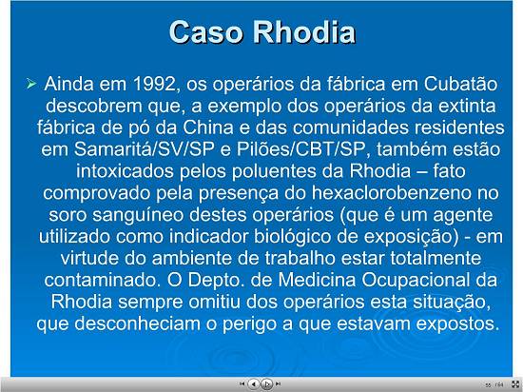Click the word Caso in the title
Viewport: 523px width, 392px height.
pyautogui.click(x=205, y=31)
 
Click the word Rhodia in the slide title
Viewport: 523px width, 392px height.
pyautogui.click(x=303, y=31)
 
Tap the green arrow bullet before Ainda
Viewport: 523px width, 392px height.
pyautogui.click(x=30, y=84)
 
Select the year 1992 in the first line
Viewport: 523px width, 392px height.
pyautogui.click(x=154, y=84)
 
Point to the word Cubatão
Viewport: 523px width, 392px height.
pyautogui.click(x=460, y=84)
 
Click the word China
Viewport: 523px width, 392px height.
pyautogui.click(x=208, y=127)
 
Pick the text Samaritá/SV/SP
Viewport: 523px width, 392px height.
pyautogui.click(x=144, y=149)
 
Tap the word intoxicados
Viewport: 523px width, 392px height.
pyautogui.click(x=125, y=171)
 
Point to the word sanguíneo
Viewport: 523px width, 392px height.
pyautogui.click(x=138, y=215)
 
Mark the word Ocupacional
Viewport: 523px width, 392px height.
pyautogui.click(x=416, y=280)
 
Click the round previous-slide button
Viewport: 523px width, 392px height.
pyautogui.click(x=254, y=384)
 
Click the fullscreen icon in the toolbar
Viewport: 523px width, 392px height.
pyautogui.click(x=515, y=384)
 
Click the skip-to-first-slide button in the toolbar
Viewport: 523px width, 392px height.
pyautogui.click(x=242, y=384)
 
